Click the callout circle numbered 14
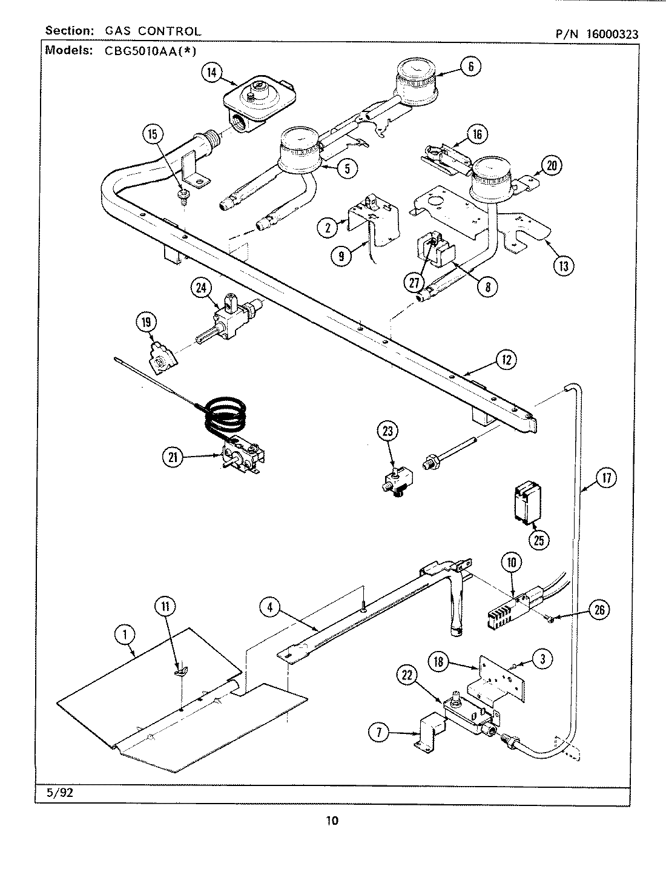211,73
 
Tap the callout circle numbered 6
471,66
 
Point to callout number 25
538,540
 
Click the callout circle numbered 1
124,635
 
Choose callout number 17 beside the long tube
605,478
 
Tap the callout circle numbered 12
506,360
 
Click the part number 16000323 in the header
612,35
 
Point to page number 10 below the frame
332,821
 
